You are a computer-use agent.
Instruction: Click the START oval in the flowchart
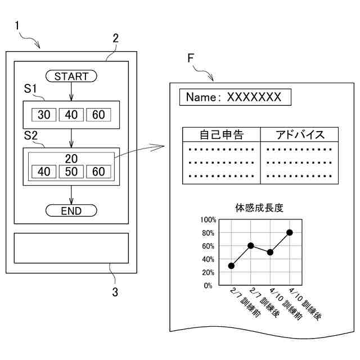point(71,76)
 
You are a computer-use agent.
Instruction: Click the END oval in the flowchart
point(71,211)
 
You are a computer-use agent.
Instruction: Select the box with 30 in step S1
point(44,115)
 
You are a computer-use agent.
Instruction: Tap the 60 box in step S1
point(98,115)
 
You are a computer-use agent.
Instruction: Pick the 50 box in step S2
point(71,171)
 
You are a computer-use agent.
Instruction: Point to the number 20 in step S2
point(71,158)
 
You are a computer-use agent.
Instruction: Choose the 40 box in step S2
point(44,171)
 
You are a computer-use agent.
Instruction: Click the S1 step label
point(31,89)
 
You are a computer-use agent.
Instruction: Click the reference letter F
point(191,58)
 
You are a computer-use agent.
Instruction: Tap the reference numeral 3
point(115,292)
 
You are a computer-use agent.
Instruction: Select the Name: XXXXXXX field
point(235,97)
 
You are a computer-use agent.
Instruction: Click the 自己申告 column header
point(222,134)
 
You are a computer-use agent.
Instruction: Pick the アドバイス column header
point(300,134)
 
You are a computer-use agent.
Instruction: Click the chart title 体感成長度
point(259,208)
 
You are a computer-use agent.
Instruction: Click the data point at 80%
point(290,232)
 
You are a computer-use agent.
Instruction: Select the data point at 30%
point(231,265)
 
